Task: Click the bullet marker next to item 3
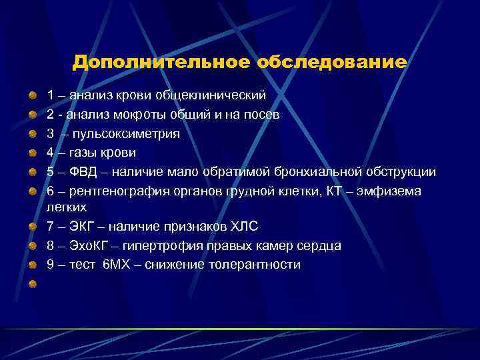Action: (32, 133)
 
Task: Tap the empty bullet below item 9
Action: (32, 284)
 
